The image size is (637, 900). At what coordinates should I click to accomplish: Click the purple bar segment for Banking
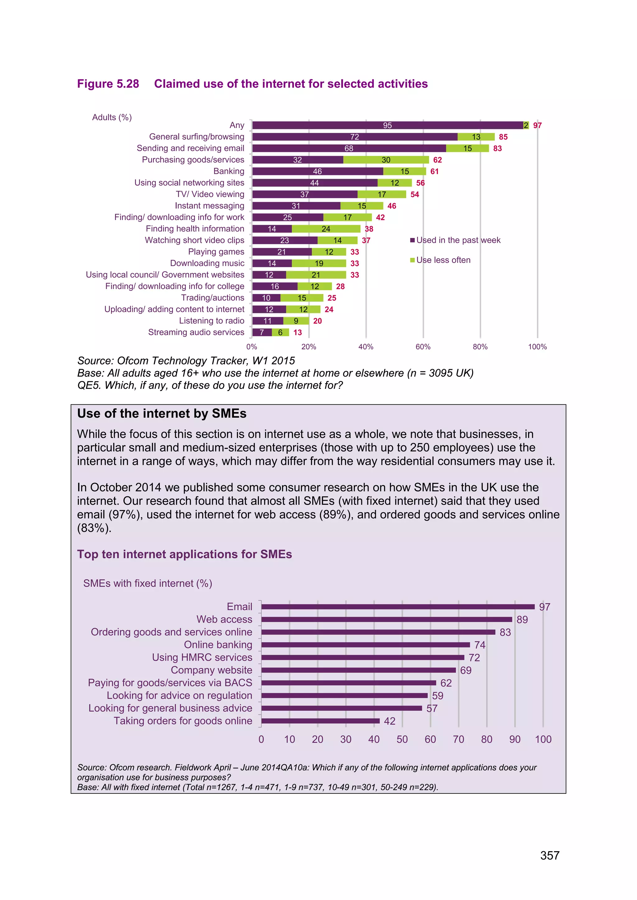coord(317,171)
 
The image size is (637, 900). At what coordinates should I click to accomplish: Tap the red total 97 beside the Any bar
coord(537,126)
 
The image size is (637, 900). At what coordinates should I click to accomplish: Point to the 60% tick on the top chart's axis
coord(423,347)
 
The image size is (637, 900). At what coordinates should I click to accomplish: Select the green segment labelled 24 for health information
coord(326,229)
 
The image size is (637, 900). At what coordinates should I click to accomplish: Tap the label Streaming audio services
coord(196,333)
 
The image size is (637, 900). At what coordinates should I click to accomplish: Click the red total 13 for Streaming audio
coord(298,333)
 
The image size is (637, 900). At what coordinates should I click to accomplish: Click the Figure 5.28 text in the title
coord(108,84)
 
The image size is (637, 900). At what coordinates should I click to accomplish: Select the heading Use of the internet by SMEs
coord(162,414)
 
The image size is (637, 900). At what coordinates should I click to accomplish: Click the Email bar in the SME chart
coord(398,607)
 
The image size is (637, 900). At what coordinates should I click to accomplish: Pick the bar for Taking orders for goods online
coord(320,721)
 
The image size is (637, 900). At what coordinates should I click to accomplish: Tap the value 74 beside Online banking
coord(479,645)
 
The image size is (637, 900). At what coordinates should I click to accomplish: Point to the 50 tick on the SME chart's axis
coord(402,739)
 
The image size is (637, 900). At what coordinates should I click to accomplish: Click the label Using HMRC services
coord(202,657)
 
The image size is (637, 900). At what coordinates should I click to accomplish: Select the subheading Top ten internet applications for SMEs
coord(184,554)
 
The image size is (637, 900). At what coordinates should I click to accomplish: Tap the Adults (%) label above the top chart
coord(112,117)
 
